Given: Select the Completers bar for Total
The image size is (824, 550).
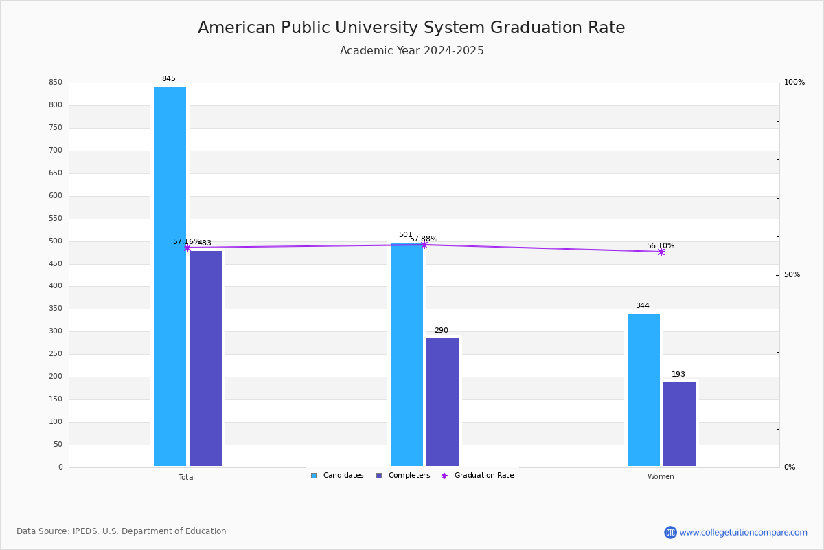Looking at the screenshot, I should [205, 358].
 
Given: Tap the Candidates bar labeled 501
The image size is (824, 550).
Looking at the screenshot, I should [407, 354].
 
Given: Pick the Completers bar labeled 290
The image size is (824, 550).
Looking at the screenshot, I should [442, 402].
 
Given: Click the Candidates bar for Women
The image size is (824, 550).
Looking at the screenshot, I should [643, 390].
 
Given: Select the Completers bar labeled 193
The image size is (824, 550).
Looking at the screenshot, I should [679, 424].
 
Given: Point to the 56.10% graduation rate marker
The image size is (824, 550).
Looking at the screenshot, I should [661, 252].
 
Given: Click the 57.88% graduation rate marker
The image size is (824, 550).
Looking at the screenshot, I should [424, 245].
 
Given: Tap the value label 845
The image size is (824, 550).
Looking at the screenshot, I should [168, 79].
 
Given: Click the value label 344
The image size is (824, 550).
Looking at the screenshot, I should [642, 306].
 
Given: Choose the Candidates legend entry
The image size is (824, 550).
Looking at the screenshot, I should [337, 476].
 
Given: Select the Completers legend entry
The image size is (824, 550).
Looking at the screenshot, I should [403, 476].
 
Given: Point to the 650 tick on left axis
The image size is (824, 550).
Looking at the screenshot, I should [56, 173].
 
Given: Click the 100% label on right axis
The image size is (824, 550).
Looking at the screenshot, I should [794, 82].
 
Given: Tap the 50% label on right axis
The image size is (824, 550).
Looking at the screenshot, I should [792, 275].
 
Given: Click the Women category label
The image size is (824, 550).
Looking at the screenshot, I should [661, 477].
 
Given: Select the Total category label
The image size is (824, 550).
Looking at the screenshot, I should [187, 477].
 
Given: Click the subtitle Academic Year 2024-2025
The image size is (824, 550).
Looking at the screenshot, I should [412, 51].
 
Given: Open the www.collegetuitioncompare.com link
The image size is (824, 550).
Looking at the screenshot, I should [743, 532].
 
